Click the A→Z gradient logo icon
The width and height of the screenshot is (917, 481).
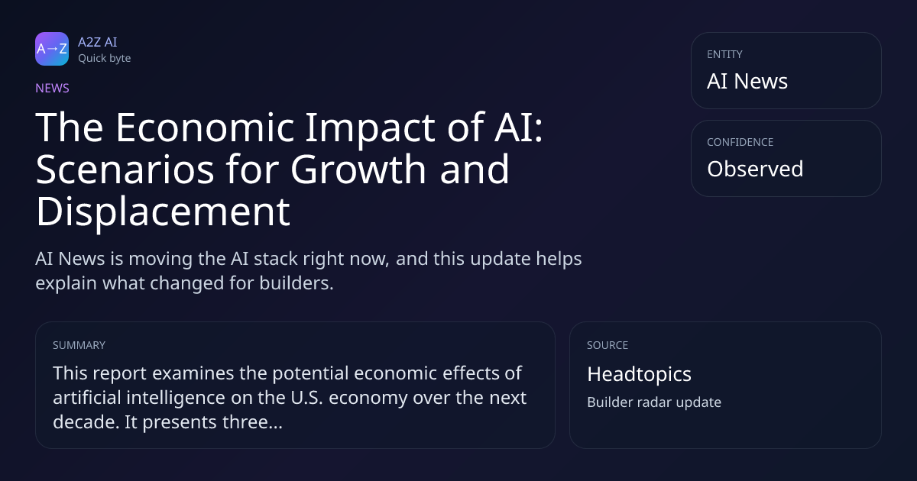click(x=52, y=49)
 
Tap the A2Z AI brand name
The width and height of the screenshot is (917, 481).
click(x=98, y=42)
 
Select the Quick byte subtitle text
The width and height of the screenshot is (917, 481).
click(x=105, y=59)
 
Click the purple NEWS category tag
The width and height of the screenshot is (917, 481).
click(x=52, y=88)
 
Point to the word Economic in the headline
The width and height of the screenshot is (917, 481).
click(x=205, y=128)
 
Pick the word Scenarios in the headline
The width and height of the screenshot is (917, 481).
click(x=125, y=169)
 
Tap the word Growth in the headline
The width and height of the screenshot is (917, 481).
click(x=358, y=169)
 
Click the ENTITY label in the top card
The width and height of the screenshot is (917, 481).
click(x=724, y=54)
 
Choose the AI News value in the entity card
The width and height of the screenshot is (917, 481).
click(x=747, y=81)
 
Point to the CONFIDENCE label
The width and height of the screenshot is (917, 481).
click(x=740, y=142)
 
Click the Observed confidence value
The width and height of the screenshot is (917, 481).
click(x=755, y=169)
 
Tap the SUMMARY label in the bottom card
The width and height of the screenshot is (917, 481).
click(x=79, y=345)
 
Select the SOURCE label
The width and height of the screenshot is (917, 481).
click(x=608, y=345)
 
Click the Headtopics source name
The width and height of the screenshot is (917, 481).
click(x=639, y=374)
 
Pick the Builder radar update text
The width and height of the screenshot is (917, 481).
click(x=654, y=402)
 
